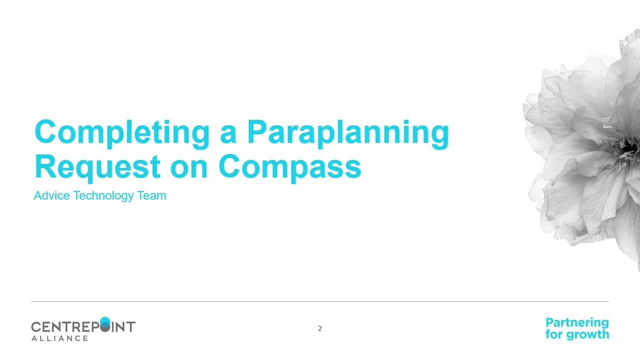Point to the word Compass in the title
click(x=290, y=166)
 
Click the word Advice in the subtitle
click(x=52, y=196)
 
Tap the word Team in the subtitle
click(x=151, y=196)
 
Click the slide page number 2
click(x=320, y=328)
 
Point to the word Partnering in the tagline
click(x=577, y=322)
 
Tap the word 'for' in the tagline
click(x=554, y=334)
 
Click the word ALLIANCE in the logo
click(x=60, y=338)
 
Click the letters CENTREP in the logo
click(x=65, y=327)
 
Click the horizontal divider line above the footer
click(x=320, y=301)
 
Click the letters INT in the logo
click(x=124, y=327)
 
